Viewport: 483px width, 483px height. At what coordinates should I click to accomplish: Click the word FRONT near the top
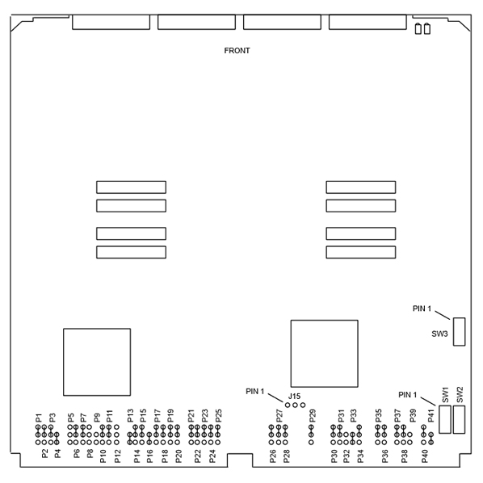(237, 51)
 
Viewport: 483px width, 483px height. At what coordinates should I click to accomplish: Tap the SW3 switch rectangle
(459, 332)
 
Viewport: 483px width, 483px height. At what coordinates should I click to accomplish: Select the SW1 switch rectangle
(445, 419)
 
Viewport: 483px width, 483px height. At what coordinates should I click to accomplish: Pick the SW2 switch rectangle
(459, 419)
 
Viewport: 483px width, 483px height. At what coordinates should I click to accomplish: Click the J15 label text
(294, 397)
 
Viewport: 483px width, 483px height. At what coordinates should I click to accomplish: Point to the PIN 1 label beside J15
(255, 392)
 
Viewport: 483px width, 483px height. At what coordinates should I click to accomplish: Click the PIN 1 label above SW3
(422, 309)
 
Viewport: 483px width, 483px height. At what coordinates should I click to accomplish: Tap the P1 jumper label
(39, 418)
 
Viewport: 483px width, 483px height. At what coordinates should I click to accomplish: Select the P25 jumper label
(218, 416)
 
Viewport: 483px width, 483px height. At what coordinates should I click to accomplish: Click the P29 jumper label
(313, 416)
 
